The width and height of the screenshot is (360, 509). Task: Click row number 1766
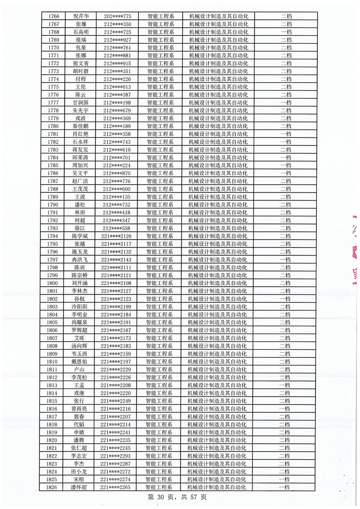(54, 16)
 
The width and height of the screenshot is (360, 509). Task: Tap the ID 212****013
(117, 87)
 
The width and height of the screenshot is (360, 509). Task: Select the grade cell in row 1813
(285, 385)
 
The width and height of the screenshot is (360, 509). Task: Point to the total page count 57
(194, 497)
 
